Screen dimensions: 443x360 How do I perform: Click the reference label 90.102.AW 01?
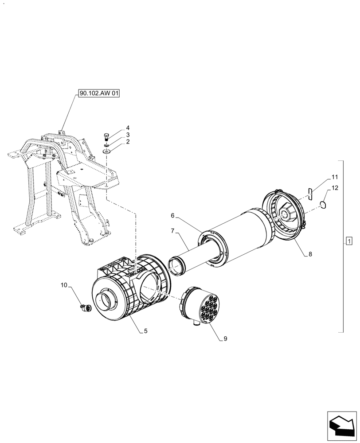[x=99, y=93]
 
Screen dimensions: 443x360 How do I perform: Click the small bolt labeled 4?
[x=106, y=136]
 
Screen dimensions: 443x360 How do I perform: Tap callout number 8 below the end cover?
[x=310, y=254]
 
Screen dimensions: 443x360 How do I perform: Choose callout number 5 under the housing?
[x=146, y=331]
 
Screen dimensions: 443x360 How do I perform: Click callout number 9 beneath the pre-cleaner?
[x=225, y=339]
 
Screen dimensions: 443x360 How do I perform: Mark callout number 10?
[x=65, y=286]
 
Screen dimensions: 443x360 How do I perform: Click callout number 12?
[x=335, y=188]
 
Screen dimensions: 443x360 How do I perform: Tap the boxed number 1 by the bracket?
[x=349, y=241]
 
